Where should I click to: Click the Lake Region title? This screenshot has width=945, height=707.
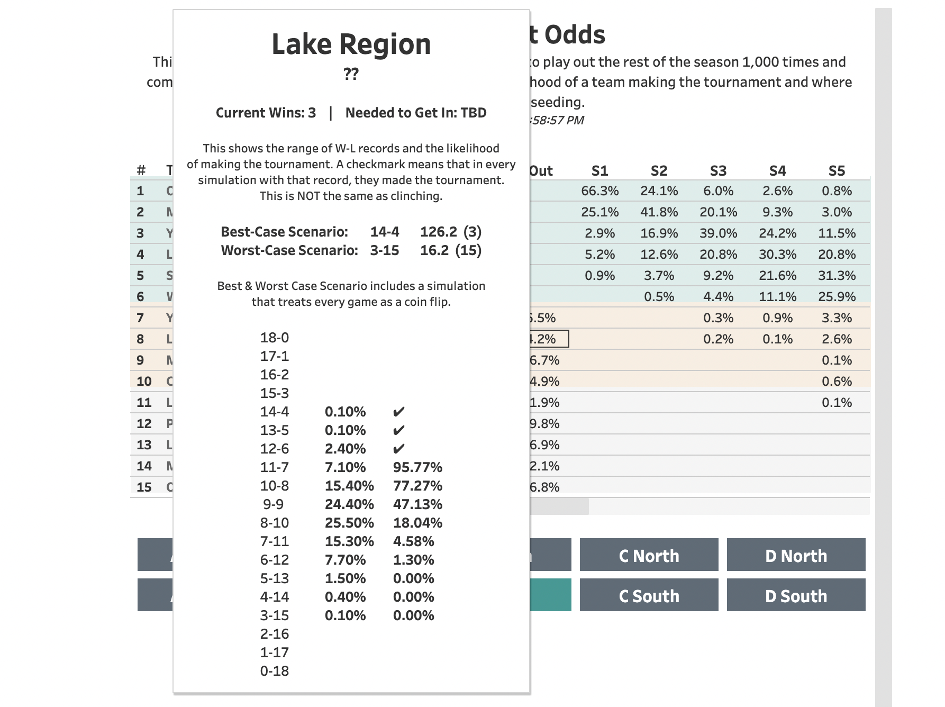351,44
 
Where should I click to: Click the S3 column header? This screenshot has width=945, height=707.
718,170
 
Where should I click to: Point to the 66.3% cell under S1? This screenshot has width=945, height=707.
599,191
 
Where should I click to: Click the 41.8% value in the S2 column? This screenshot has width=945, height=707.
659,212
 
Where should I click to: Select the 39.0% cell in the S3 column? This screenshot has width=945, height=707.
718,233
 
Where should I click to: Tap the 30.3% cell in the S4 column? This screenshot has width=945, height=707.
777,254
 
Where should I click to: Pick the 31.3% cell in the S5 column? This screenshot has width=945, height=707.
837,275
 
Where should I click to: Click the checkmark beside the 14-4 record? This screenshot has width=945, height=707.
399,412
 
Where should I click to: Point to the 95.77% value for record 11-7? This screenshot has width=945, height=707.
417,467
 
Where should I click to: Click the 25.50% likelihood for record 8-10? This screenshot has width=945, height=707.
349,523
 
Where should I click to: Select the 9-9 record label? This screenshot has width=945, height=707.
274,504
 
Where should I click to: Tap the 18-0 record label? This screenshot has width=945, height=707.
274,338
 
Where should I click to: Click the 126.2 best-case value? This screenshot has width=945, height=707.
438,232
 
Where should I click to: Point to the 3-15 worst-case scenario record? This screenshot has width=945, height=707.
384,250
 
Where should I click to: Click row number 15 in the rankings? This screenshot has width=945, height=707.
144,487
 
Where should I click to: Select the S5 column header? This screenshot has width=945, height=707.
837,170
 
